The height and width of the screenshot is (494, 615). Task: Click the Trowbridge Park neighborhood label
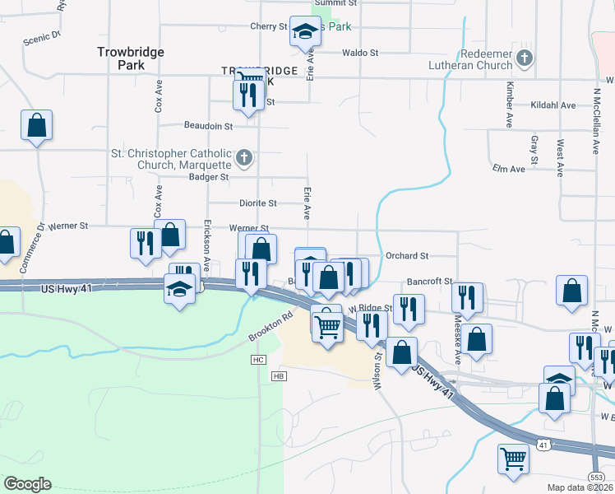click(131, 58)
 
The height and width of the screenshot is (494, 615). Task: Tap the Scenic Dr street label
click(44, 36)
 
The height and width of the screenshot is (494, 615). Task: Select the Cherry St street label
click(269, 26)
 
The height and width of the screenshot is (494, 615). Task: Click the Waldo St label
click(359, 53)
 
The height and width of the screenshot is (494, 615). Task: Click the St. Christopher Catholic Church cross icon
click(243, 157)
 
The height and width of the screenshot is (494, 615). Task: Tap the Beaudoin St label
click(207, 127)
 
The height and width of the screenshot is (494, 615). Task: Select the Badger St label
click(208, 176)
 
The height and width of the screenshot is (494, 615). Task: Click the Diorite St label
click(258, 203)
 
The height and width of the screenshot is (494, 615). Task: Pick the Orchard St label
click(407, 256)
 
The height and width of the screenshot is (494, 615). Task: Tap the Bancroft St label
click(429, 282)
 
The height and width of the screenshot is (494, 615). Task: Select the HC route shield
click(260, 360)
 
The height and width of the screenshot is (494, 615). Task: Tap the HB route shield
click(277, 376)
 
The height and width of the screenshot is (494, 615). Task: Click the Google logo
click(27, 483)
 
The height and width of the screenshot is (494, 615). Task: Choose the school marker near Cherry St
click(305, 33)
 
